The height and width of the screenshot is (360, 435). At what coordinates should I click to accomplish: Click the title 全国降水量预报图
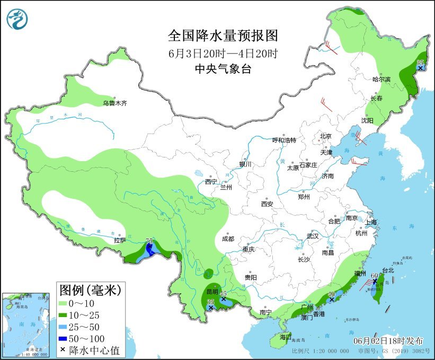[223, 36]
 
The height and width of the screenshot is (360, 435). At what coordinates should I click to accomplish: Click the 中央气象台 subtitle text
[223, 68]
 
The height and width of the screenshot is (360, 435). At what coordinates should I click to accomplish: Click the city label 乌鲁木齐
[115, 103]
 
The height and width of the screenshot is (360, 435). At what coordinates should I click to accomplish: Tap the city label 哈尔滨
[381, 79]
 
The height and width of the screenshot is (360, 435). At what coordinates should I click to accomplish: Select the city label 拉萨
[119, 240]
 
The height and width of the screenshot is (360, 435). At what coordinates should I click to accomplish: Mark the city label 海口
[286, 337]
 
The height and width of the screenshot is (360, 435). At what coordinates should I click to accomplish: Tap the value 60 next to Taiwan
[374, 275]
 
